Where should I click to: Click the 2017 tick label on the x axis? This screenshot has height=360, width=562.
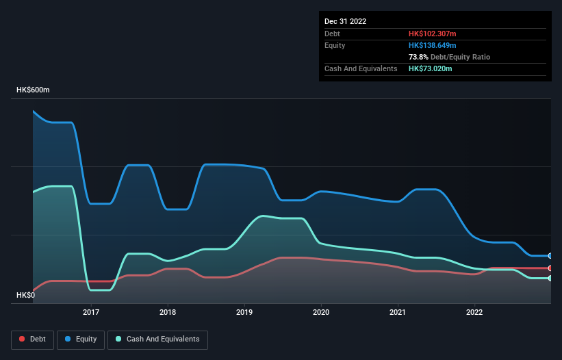click(91, 313)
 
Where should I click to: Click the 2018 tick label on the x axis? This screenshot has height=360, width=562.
click(168, 313)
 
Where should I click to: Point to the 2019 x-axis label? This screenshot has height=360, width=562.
click(244, 313)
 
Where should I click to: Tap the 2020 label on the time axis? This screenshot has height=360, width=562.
click(321, 313)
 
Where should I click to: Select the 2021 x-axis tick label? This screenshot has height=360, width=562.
click(398, 313)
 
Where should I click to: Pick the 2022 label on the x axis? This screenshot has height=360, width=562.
click(474, 313)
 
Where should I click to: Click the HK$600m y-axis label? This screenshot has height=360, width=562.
click(34, 90)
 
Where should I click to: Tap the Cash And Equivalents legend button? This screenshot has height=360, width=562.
click(157, 339)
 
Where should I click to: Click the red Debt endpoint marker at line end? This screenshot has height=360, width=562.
click(550, 268)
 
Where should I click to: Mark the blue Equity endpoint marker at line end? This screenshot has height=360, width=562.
click(550, 256)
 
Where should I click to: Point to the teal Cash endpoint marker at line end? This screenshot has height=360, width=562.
click(550, 278)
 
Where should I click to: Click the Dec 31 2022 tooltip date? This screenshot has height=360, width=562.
click(345, 21)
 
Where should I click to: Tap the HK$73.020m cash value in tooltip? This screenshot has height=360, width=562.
click(431, 68)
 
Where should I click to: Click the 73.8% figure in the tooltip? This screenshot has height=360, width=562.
click(419, 57)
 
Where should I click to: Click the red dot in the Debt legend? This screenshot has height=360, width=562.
click(22, 339)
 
